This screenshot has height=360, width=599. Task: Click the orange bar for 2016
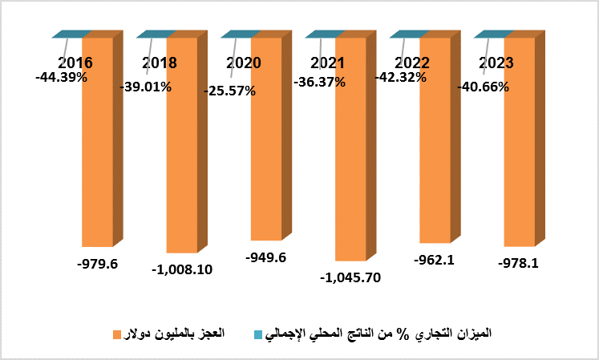pos(97,160)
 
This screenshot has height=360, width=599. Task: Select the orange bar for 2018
pos(181,160)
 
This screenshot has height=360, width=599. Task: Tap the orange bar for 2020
pos(265,160)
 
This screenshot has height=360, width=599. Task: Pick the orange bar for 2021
pos(350,160)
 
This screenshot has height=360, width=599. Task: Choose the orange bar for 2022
pos(435,160)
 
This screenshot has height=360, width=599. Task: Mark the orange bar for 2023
pos(519,160)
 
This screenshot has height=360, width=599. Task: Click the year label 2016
pos(75,63)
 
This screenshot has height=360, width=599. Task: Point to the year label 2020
pos(244,63)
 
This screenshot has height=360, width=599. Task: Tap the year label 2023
pos(496,63)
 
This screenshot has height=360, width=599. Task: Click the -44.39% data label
pos(61,77)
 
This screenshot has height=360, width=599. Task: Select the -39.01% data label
pos(145,87)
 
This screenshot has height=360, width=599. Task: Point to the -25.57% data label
pos(229,91)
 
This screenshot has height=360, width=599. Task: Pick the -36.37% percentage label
pos(319,81)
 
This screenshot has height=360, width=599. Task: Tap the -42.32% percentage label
pos(403,77)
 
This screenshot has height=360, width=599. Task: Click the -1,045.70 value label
pos(350,278)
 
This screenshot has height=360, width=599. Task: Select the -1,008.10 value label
pos(181,269)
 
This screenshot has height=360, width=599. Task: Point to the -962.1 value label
pos(434,260)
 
